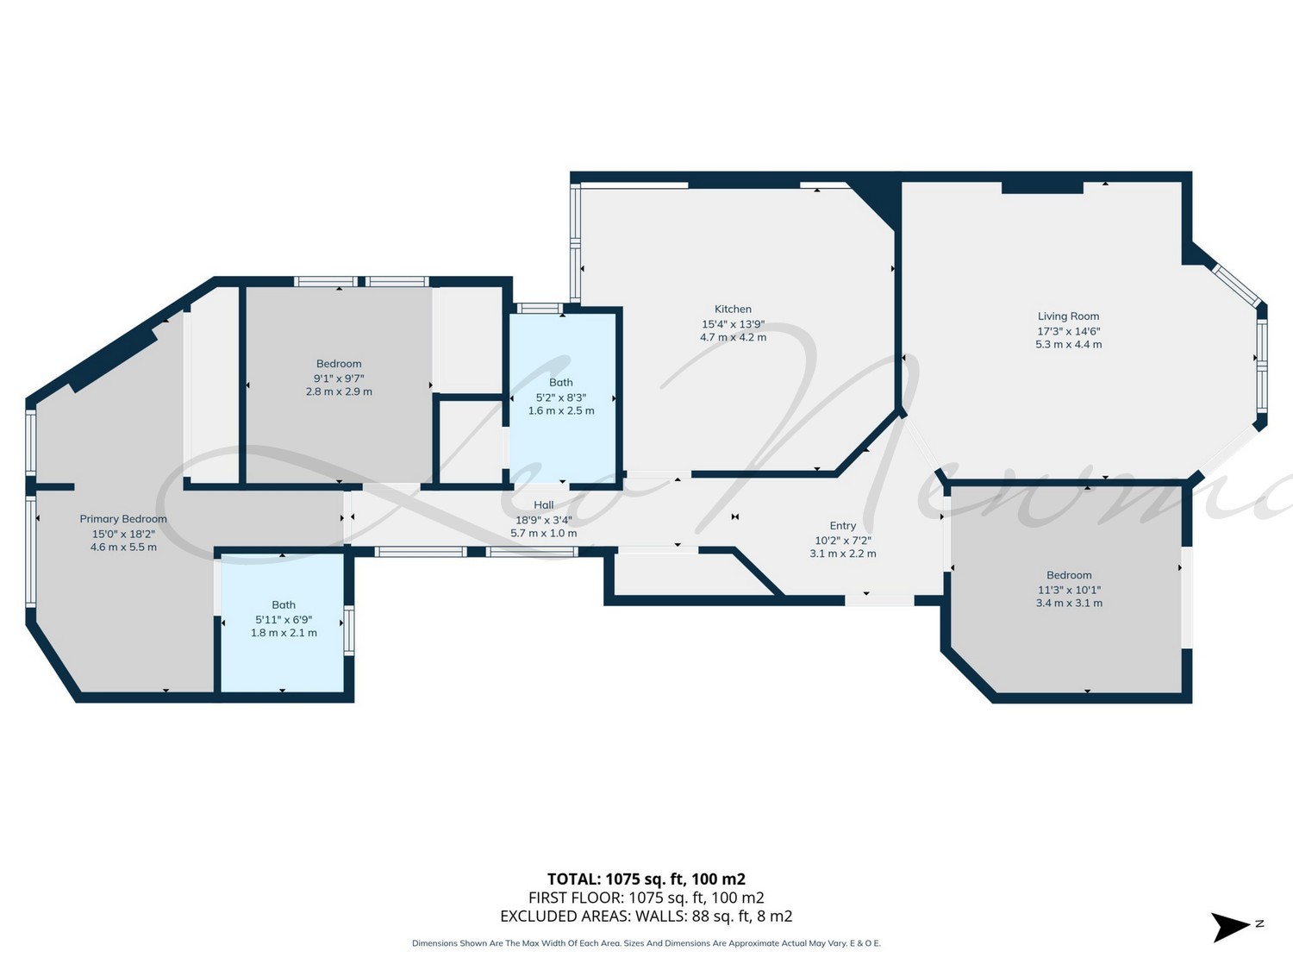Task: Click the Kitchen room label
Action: pyautogui.click(x=733, y=309)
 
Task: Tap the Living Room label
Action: pyautogui.click(x=1068, y=316)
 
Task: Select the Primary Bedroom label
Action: pyautogui.click(x=123, y=519)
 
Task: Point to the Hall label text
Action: pyautogui.click(x=543, y=504)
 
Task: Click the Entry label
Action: pyautogui.click(x=842, y=525)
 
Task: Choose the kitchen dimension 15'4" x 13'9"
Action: pyautogui.click(x=733, y=324)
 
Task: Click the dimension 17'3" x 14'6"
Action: pyautogui.click(x=1069, y=331)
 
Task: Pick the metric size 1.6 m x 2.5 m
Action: pyautogui.click(x=561, y=410)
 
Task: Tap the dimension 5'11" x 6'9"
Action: pyautogui.click(x=284, y=620)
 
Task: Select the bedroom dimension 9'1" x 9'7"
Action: pyautogui.click(x=339, y=379)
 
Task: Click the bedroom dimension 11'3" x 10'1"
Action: pyautogui.click(x=1069, y=590)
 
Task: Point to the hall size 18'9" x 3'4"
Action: pyautogui.click(x=543, y=520)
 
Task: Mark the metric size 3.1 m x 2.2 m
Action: pyautogui.click(x=842, y=554)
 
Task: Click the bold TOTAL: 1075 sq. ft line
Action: pyautogui.click(x=646, y=879)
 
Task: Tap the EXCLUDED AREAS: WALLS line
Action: pyautogui.click(x=646, y=917)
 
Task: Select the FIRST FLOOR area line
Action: pyautogui.click(x=646, y=898)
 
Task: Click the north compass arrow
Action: pyautogui.click(x=1229, y=927)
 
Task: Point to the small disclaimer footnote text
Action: pyautogui.click(x=646, y=943)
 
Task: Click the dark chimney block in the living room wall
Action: pyautogui.click(x=1043, y=187)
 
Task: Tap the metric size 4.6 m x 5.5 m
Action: pyautogui.click(x=123, y=548)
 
